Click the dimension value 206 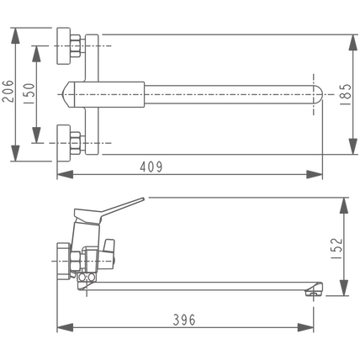[8, 92]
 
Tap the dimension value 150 [29, 94]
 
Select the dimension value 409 [151, 167]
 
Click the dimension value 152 [336, 248]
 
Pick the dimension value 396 [184, 320]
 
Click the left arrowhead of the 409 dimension [65, 174]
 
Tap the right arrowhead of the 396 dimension [305, 327]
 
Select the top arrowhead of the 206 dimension [15, 35]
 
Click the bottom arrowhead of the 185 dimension [353, 146]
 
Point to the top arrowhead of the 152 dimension [344, 205]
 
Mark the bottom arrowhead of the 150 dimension [36, 135]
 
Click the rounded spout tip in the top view [317, 94]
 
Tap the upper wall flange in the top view [63, 46]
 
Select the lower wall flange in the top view [63, 143]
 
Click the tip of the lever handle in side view [142, 199]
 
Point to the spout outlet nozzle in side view [314, 289]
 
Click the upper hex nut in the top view [76, 46]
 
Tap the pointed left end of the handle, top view [63, 94]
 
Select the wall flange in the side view [63, 261]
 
